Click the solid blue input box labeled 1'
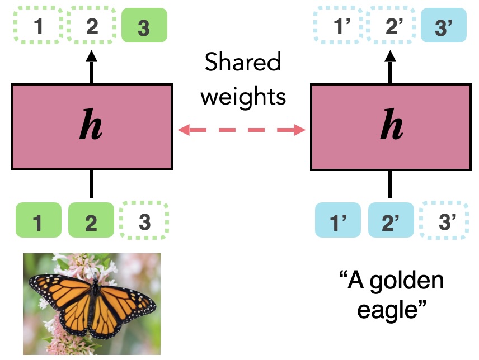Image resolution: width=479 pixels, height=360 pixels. tap(338, 223)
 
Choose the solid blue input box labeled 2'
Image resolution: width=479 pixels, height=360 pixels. tap(391, 223)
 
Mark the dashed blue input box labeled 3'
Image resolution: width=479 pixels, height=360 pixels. tap(443, 223)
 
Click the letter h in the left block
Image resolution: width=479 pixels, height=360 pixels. tap(91, 125)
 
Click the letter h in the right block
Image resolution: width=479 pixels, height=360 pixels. tap(391, 125)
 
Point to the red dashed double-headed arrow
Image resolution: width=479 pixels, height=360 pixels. tap(241, 131)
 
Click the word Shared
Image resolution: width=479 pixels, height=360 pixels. tap(243, 63)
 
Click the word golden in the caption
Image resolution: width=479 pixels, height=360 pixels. tap(405, 279)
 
